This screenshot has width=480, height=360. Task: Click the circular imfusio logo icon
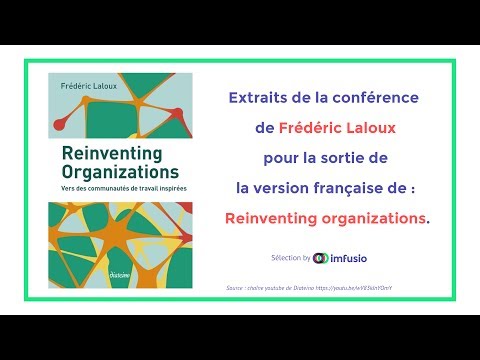pyautogui.click(x=320, y=257)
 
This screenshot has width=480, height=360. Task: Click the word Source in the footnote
pyautogui.click(x=238, y=287)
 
